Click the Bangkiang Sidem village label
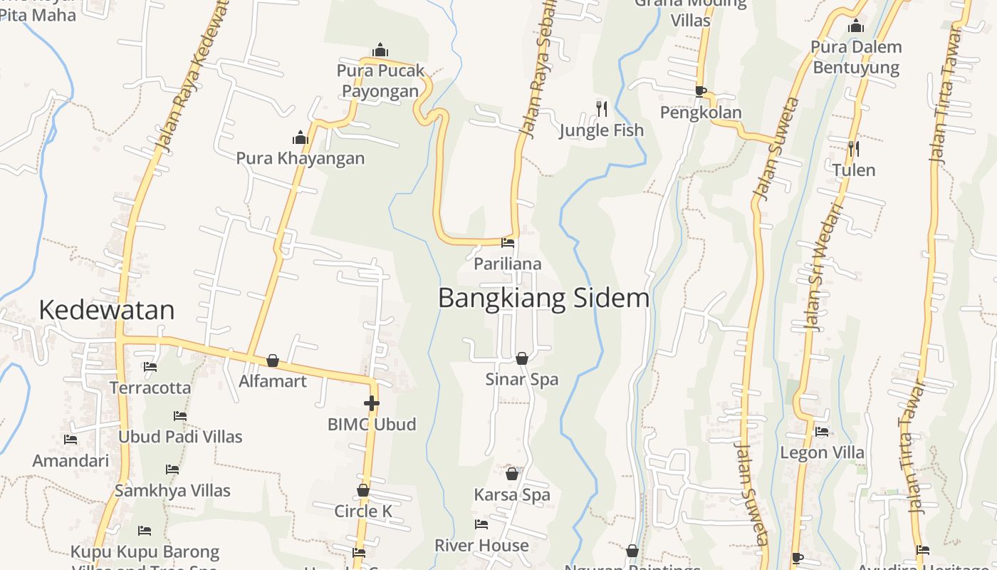543,298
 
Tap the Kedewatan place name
107,310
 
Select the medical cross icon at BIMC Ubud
371,404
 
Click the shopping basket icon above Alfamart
273,361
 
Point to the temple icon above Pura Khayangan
301,138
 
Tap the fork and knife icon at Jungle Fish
602,109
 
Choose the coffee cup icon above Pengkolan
700,91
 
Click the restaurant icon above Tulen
853,149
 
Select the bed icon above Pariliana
508,243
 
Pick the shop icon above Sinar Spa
522,358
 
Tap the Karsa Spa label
512,494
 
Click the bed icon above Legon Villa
822,432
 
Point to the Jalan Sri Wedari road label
823,267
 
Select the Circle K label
363,511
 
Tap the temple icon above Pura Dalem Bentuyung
856,27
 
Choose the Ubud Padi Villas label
180,437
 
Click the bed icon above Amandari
70,440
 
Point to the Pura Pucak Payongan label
380,81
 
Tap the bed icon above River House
481,525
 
